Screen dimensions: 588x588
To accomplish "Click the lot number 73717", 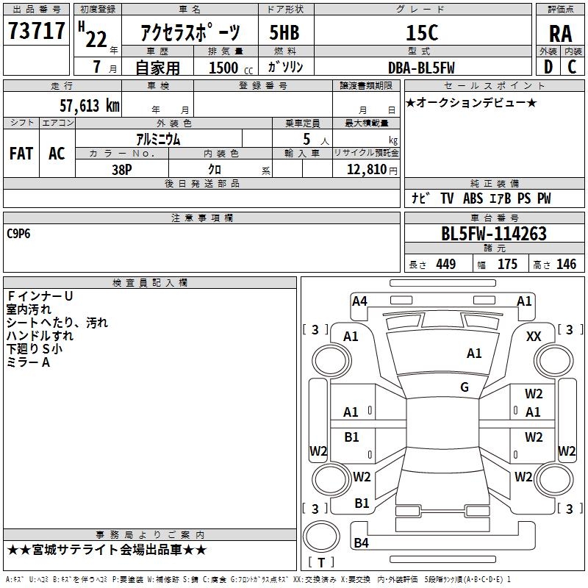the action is [36, 31].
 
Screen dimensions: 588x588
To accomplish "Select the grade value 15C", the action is [422, 32].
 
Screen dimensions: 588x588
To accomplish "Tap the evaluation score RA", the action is [560, 34].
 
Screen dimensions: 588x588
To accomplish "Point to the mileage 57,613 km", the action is [90, 105].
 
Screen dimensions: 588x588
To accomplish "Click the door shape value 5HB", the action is [284, 32].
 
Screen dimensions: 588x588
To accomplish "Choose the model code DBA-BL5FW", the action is [421, 68].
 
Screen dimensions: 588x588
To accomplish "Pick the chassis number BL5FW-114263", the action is [494, 234].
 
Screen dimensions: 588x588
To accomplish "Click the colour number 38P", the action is [122, 170].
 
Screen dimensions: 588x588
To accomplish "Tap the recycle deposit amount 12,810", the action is [366, 169].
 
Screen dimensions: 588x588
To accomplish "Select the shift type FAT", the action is [21, 154].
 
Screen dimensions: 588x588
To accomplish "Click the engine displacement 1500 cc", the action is [231, 68].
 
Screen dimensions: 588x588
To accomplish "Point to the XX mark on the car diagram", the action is [534, 337].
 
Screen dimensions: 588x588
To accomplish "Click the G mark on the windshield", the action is [465, 387].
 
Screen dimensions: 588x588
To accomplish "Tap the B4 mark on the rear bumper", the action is [361, 542].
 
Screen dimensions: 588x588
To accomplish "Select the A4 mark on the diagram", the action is [359, 301].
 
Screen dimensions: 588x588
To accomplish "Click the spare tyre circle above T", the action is [321, 537].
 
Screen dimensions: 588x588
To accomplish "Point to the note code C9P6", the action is [18, 234].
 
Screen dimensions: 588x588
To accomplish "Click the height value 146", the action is [566, 264].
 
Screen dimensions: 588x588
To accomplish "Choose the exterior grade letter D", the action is [548, 67].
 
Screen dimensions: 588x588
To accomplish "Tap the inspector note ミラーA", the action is [28, 362].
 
